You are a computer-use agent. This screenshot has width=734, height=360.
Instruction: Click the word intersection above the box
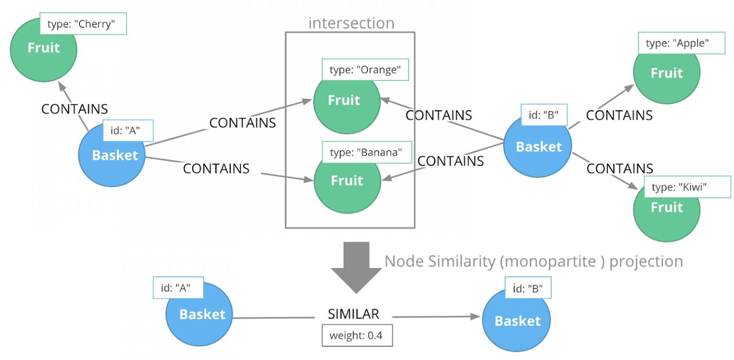pyautogui.click(x=351, y=23)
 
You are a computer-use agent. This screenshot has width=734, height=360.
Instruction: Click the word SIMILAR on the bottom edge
pyautogui.click(x=353, y=314)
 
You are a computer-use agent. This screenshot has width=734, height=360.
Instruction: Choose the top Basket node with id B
pyautogui.click(x=539, y=147)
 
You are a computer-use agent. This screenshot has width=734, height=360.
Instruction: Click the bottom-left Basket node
pyautogui.click(x=202, y=314)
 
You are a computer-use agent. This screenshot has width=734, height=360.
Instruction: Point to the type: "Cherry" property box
pyautogui.click(x=83, y=24)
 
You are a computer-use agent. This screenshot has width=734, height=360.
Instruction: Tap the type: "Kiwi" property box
pyautogui.click(x=687, y=187)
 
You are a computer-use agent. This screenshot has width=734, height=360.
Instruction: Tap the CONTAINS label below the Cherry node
pyautogui.click(x=75, y=109)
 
